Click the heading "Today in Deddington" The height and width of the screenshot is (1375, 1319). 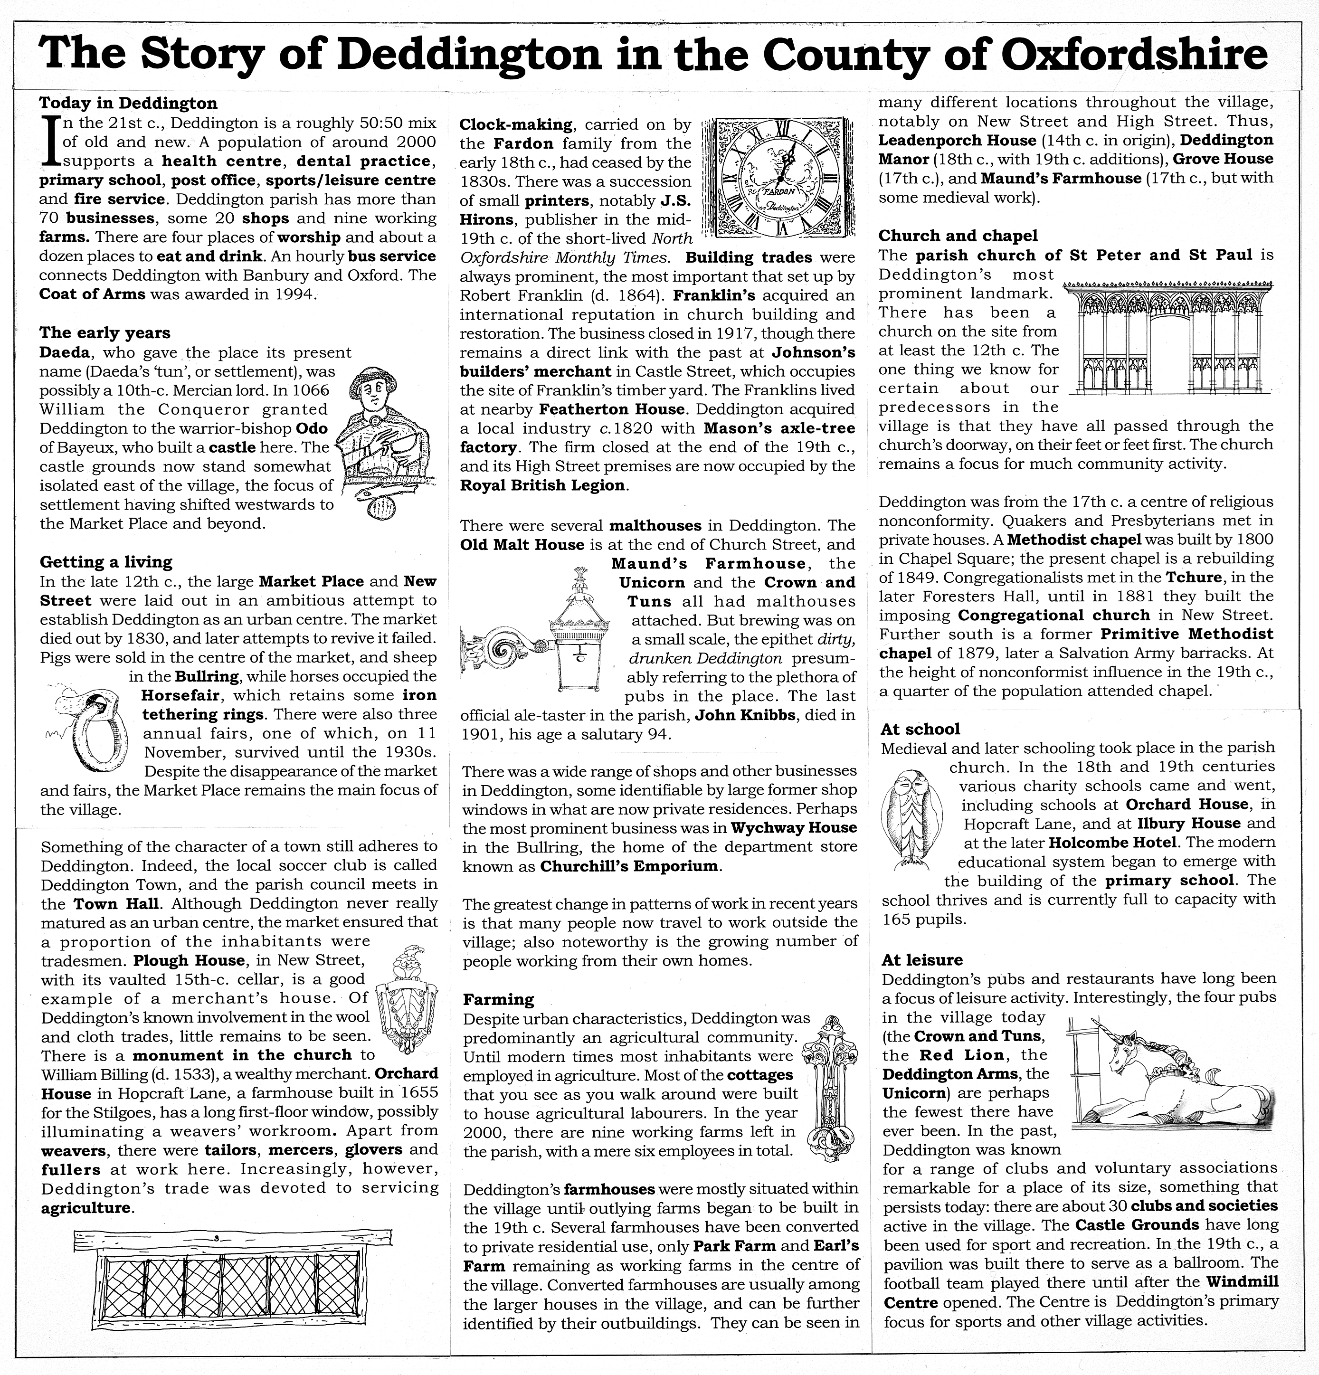128,104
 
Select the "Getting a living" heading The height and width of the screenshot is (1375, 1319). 106,562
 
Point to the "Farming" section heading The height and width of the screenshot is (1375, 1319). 498,999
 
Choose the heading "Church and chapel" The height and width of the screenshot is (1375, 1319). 958,236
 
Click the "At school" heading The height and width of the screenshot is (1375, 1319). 920,729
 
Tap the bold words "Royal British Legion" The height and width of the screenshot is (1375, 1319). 541,485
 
